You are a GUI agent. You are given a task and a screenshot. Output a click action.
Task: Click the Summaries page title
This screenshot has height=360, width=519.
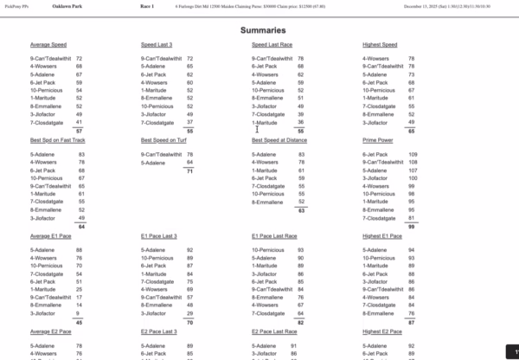tap(259, 30)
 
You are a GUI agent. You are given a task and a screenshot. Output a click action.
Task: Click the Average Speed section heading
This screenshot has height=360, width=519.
tap(50, 44)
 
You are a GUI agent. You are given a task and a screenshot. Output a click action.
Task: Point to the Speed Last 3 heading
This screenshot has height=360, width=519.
tap(157, 44)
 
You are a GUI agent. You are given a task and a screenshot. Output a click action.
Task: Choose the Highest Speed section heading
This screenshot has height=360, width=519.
tap(380, 44)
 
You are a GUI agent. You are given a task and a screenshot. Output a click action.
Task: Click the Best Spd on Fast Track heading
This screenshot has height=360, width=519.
tap(59, 140)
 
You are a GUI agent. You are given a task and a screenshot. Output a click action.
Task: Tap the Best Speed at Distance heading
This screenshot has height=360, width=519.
tap(282, 140)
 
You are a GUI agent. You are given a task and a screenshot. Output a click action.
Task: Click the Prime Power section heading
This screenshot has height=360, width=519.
tap(378, 140)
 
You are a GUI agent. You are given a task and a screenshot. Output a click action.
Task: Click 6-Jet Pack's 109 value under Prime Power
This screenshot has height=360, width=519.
tap(412, 155)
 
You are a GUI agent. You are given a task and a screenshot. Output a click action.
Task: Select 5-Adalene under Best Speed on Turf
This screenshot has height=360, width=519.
tap(153, 163)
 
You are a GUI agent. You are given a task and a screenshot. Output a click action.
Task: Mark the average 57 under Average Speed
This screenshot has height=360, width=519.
tap(79, 131)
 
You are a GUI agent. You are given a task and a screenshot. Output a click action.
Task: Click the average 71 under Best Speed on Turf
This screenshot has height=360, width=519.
tap(189, 171)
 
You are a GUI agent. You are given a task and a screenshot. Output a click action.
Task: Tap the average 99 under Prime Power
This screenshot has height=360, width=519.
tap(412, 226)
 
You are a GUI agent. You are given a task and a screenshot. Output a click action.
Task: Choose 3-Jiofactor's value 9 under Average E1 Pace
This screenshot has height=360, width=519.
tap(80, 313)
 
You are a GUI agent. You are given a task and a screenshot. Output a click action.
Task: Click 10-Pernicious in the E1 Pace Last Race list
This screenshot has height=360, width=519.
tap(266, 250)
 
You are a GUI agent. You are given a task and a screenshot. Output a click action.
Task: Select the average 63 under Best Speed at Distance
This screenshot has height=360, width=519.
tap(300, 210)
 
